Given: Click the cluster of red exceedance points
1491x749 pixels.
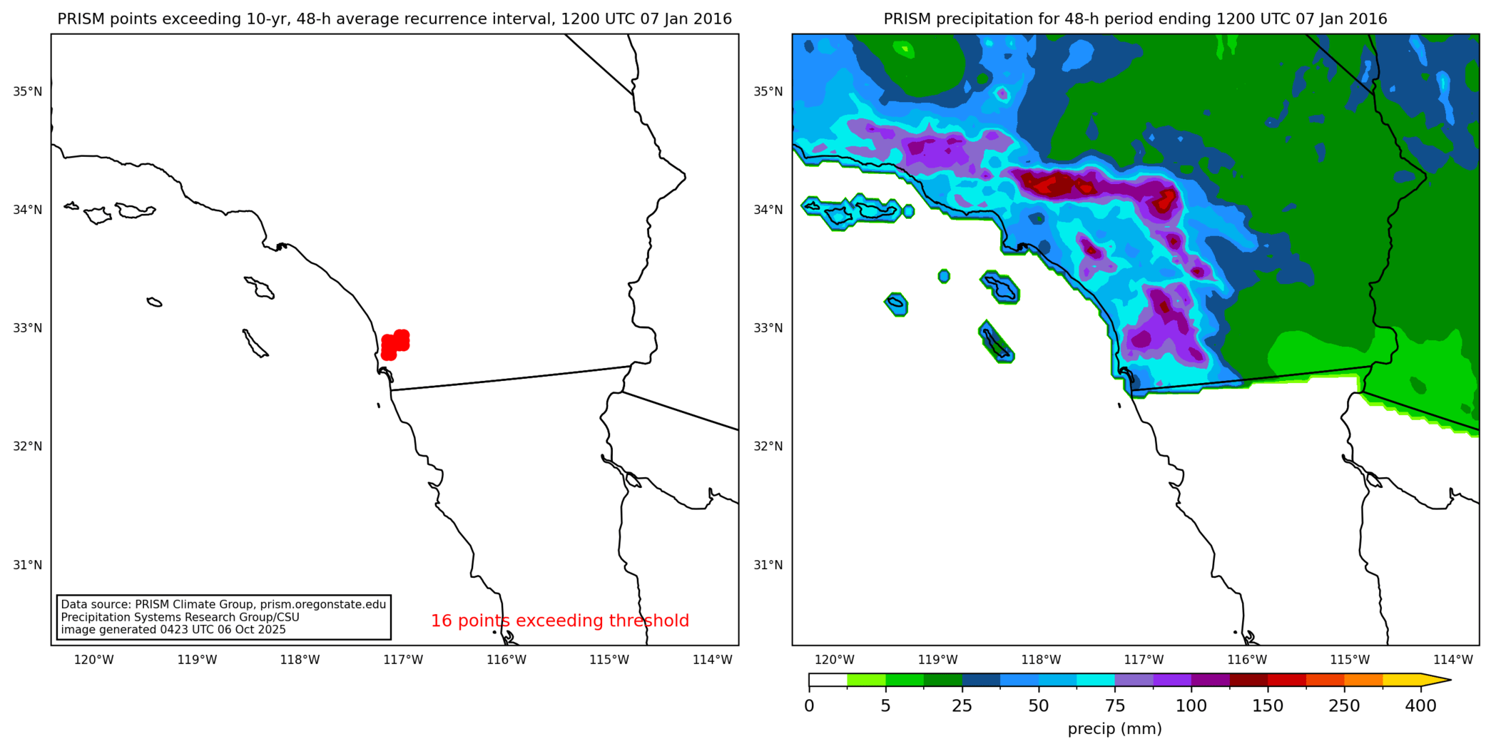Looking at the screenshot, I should (x=395, y=344).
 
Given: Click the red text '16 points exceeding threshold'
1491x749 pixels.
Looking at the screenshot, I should (x=559, y=621).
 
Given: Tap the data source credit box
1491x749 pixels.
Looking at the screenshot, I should (x=223, y=617).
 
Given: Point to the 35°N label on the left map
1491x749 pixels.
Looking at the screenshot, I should (x=28, y=91).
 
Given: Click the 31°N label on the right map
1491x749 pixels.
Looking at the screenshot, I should (x=769, y=565).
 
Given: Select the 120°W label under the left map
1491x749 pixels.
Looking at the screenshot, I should (x=94, y=660).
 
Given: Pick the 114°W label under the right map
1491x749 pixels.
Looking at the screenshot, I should (x=1453, y=660).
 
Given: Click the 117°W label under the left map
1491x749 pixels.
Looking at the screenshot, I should (x=403, y=660).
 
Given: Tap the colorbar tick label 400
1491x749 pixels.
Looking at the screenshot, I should (x=1420, y=706).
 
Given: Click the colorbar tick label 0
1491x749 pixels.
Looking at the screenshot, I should (x=809, y=706).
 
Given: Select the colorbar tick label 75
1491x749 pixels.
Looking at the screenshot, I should (x=1115, y=706).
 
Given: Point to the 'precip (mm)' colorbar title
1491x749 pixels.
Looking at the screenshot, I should (x=1114, y=729).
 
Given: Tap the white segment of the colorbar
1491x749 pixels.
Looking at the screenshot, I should (x=828, y=680).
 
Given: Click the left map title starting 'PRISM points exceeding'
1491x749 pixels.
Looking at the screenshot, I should (x=395, y=19).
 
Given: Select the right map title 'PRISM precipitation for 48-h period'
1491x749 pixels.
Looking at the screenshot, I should (x=1135, y=19).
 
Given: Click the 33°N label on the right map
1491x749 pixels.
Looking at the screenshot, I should (x=769, y=328).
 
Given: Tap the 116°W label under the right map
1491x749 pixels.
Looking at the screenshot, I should (x=1247, y=660).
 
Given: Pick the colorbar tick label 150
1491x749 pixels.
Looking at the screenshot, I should (x=1268, y=706).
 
